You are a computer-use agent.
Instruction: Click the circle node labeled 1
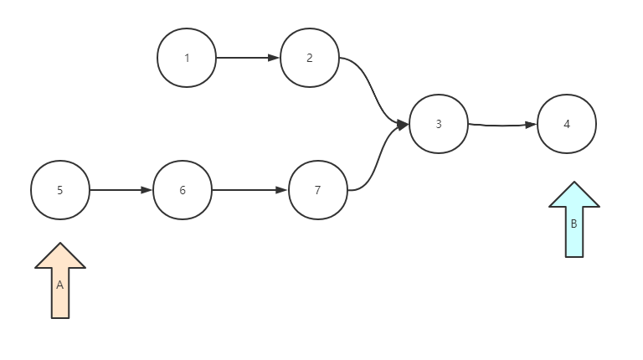[187, 58]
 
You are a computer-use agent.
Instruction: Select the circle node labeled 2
[310, 58]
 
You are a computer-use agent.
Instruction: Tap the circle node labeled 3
[439, 124]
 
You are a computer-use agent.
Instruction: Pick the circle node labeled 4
[567, 124]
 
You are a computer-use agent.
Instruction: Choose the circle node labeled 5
[60, 190]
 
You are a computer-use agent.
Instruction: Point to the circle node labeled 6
[183, 190]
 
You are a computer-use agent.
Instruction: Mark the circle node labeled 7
[317, 190]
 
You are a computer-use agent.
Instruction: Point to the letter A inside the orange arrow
[60, 285]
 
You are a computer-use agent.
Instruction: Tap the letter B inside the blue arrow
[574, 224]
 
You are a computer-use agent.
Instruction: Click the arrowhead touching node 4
[531, 125]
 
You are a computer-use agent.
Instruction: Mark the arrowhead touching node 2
[274, 58]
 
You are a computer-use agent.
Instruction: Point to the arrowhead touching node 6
[147, 190]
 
